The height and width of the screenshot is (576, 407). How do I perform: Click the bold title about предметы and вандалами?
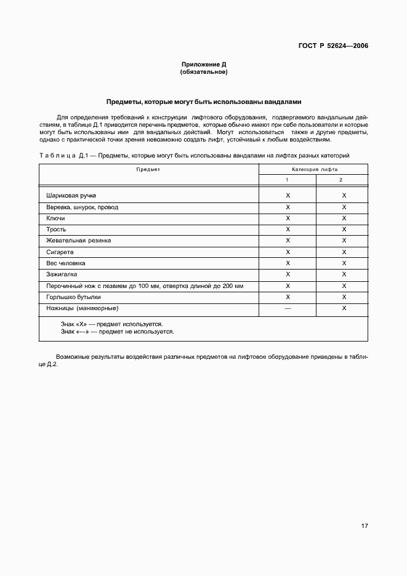coord(203,102)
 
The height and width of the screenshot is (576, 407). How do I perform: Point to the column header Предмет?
coord(148,169)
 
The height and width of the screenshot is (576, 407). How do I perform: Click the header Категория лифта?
coord(314,169)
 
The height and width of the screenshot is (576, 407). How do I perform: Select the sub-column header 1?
coord(287,179)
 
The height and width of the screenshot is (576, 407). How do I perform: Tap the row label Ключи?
coord(55,218)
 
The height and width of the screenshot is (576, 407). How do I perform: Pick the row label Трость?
coord(56,230)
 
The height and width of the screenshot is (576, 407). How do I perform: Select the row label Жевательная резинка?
coord(79,241)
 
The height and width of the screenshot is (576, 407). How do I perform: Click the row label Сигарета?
coord(60,252)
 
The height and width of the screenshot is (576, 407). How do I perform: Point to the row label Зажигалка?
coord(62,274)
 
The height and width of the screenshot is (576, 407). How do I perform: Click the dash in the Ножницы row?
coord(288,308)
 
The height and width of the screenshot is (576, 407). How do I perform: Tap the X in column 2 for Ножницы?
coord(344,308)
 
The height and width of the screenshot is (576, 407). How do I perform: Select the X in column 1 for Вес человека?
coord(288,263)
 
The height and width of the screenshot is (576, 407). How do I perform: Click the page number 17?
coord(365,526)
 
